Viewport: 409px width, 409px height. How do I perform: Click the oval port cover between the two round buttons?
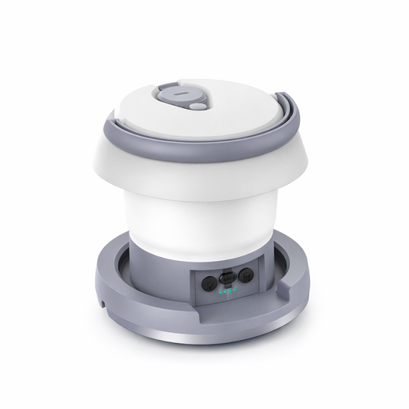pos(227,278)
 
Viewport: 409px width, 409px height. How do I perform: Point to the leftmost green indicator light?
pos(221,292)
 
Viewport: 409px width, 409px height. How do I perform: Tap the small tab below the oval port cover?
pos(227,285)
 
